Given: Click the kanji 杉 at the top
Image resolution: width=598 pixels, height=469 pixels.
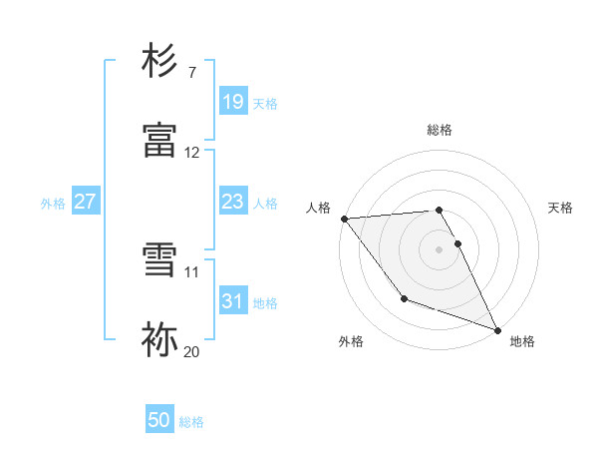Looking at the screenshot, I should point(160,61).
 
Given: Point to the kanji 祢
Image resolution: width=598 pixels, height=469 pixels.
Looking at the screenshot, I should point(160,339).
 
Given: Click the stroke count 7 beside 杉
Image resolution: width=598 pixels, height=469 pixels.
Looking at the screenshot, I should point(191,73).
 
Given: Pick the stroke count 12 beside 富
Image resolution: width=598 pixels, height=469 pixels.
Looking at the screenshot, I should point(192,153).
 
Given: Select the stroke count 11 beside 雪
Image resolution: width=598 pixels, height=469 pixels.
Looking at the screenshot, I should point(192,271).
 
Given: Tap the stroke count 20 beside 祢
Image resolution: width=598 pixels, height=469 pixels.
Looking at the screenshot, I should point(192,351).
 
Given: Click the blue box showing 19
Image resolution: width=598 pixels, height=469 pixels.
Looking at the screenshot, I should point(232,102).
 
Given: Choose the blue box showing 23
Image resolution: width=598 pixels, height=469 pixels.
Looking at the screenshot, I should point(232,203).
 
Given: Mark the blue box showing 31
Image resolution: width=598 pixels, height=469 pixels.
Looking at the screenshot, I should point(232,301).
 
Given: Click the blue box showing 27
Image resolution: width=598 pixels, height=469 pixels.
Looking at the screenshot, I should point(85,203).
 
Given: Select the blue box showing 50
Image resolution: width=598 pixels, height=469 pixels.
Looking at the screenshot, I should point(158,421).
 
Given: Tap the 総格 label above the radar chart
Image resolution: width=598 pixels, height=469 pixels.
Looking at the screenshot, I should point(440,130).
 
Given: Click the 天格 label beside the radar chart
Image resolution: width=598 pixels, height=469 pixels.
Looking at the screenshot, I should point(561,208).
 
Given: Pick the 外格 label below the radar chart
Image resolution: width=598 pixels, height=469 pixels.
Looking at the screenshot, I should point(351,341).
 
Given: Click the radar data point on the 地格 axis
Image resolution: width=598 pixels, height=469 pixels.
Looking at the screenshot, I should point(497,329).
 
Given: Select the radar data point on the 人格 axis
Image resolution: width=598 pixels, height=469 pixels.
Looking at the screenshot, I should point(344,219).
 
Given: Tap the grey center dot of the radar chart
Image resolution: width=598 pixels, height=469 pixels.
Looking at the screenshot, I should point(440,249).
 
